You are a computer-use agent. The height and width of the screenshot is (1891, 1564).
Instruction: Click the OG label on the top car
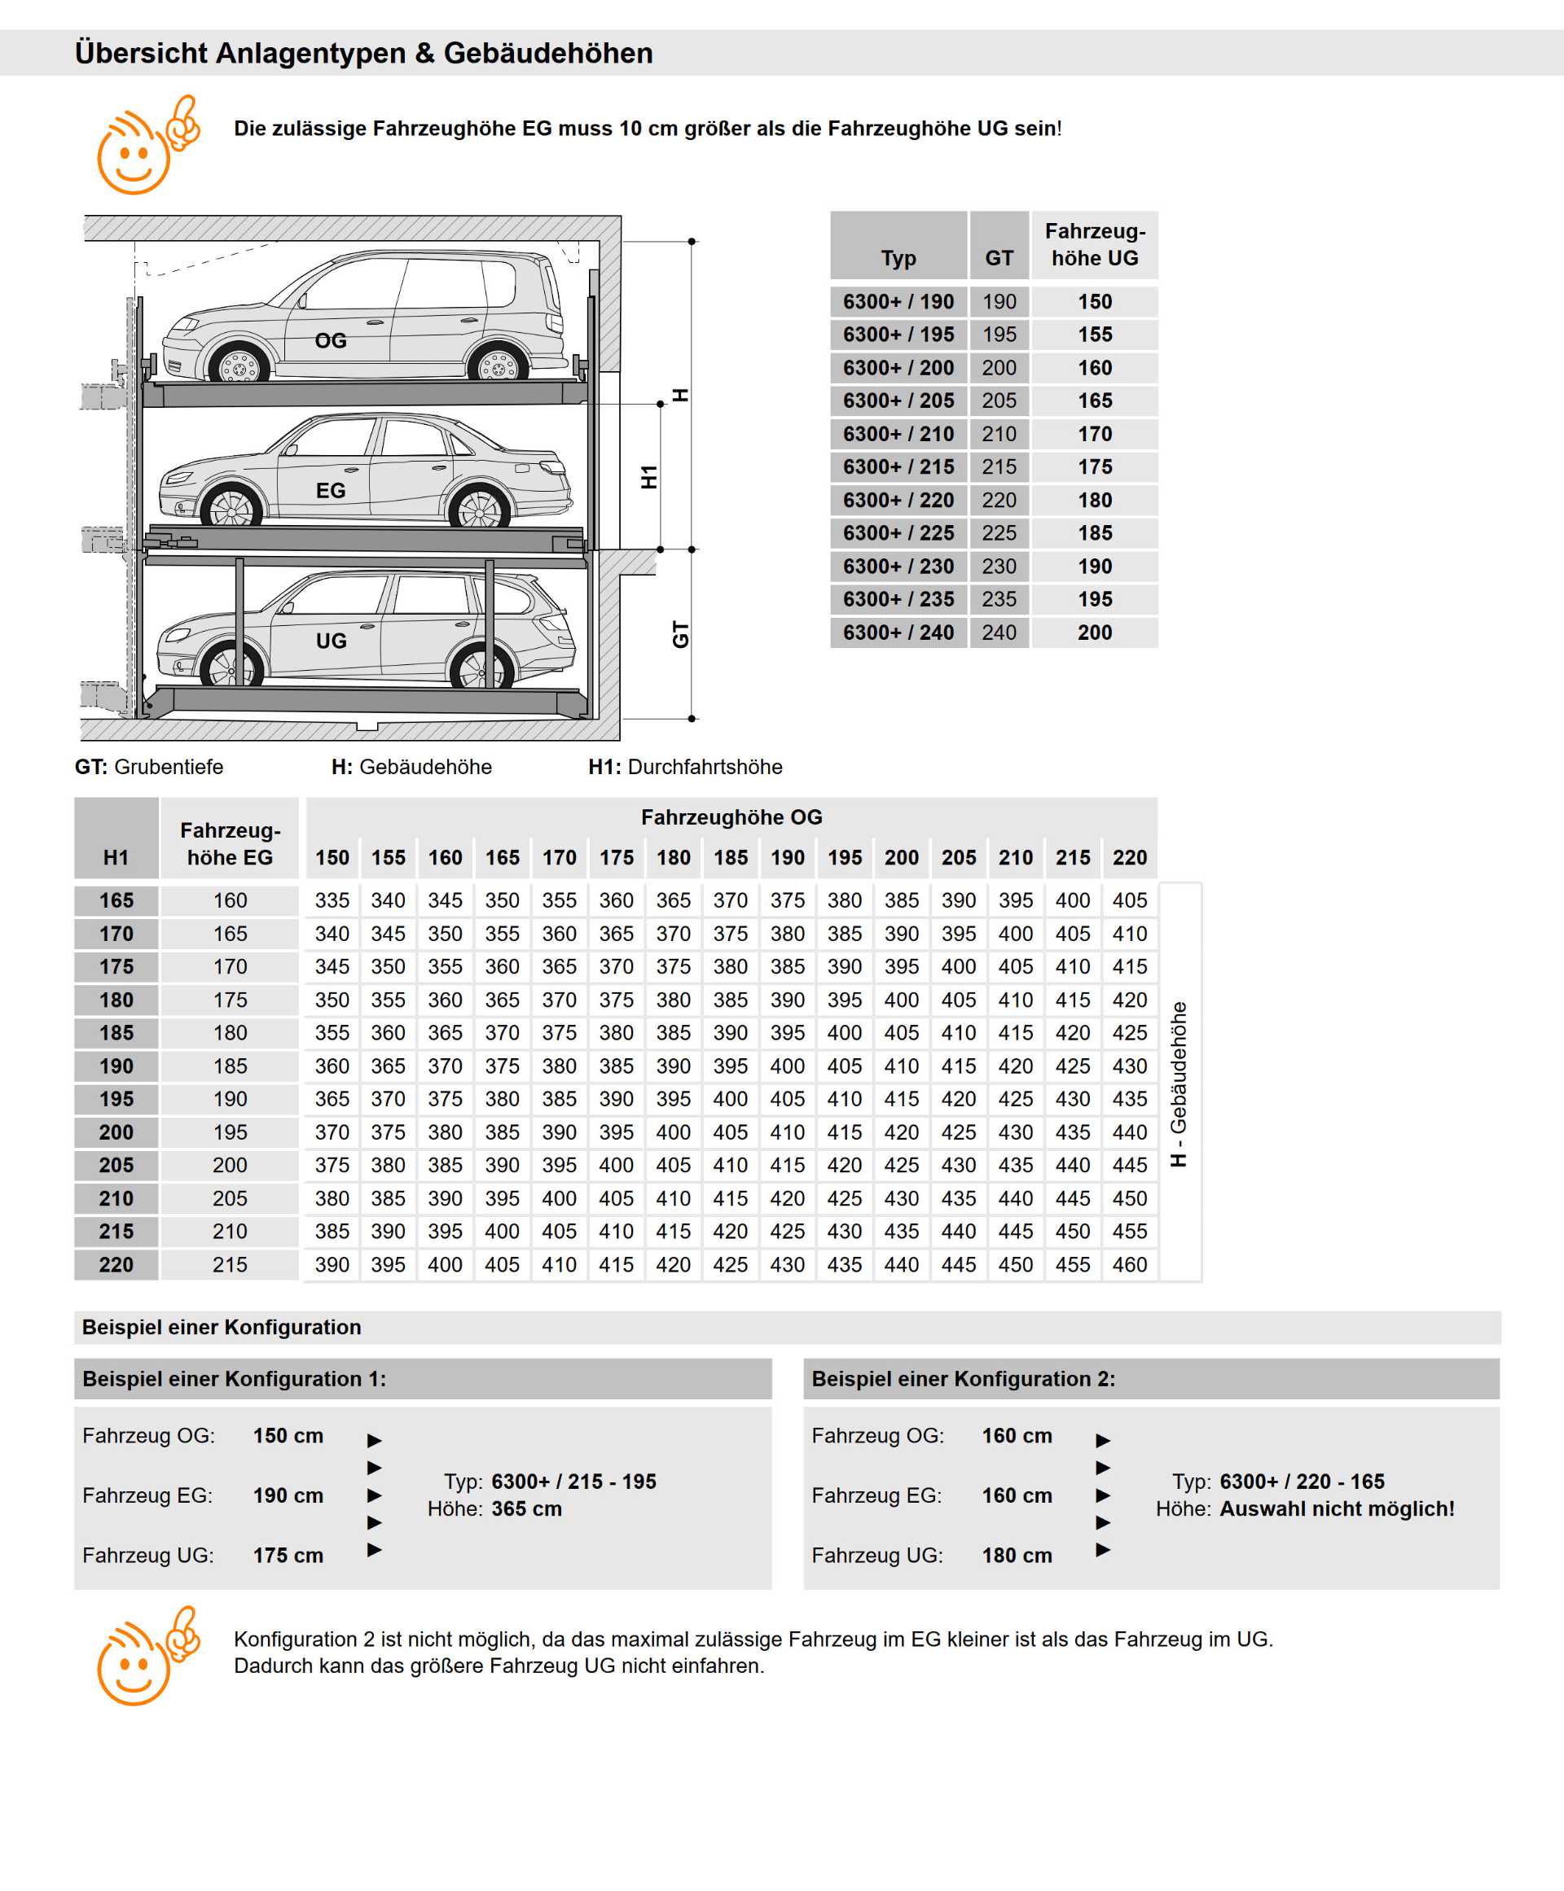(331, 340)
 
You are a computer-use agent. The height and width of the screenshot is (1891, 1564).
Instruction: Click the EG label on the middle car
(331, 491)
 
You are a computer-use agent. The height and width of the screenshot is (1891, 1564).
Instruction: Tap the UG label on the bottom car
(331, 641)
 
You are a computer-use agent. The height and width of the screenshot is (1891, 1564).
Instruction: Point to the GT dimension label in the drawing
(680, 634)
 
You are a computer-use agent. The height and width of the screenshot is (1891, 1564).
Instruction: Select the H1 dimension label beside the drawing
(648, 477)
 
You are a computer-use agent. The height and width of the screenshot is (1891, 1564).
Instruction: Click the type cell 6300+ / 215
(898, 466)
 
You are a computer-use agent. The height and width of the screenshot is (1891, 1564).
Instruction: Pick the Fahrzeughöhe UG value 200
(1095, 633)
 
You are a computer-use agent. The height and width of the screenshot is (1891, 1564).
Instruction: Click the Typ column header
(898, 258)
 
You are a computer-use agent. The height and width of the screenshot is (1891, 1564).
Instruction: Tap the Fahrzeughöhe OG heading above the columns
(731, 816)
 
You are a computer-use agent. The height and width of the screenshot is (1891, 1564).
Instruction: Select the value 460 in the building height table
(1129, 1264)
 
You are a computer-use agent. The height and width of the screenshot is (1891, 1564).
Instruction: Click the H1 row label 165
(116, 900)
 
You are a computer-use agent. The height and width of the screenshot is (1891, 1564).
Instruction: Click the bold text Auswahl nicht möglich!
(1337, 1508)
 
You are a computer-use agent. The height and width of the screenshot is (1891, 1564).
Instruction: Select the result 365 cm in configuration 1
(526, 1508)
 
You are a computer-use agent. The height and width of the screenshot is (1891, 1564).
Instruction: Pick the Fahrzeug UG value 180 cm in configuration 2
(1017, 1555)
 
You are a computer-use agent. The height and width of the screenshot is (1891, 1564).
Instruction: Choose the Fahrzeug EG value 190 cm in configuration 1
(288, 1495)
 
